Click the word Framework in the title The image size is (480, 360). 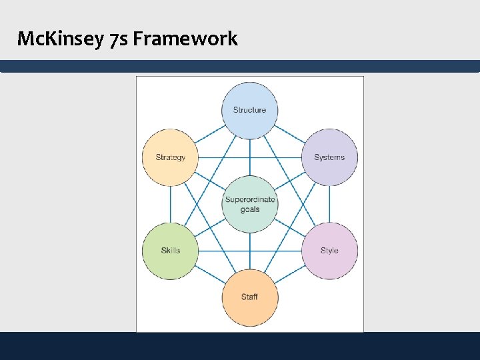185,39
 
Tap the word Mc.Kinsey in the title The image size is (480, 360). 60,39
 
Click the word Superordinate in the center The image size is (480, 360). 250,200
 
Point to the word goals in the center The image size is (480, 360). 250,209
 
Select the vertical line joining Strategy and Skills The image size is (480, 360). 170,204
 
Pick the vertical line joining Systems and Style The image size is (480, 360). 329,204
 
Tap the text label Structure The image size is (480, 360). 249,110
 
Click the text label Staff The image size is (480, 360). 249,297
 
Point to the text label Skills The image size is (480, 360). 170,251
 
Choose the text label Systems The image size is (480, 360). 329,157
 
